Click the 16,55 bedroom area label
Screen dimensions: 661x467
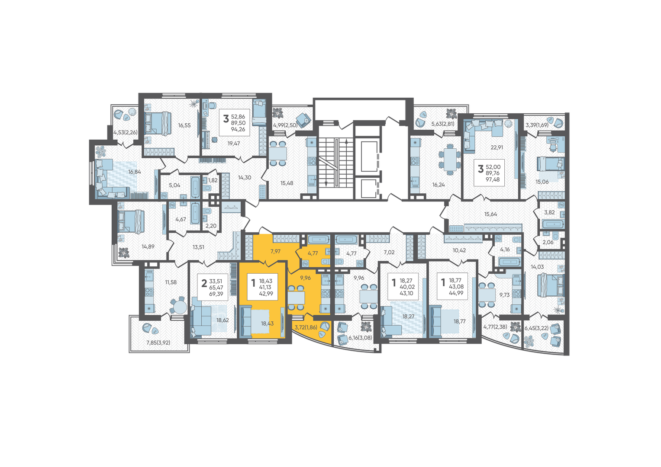[184, 125]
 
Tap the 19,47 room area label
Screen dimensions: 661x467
[233, 144]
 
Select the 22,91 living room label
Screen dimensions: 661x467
[497, 147]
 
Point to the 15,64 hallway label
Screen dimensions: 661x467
[490, 214]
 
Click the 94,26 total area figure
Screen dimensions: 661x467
[238, 129]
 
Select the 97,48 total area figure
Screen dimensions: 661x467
[493, 179]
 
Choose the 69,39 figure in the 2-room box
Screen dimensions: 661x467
[216, 294]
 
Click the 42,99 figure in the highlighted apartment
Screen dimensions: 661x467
[266, 293]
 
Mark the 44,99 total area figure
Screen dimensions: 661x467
[456, 293]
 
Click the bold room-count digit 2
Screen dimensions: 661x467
[204, 284]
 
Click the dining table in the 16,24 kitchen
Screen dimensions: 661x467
[449, 159]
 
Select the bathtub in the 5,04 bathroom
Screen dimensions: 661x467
[195, 187]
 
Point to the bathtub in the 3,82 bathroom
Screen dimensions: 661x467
[553, 224]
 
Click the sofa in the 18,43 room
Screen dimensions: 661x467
[247, 322]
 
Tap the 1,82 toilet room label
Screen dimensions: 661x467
[213, 180]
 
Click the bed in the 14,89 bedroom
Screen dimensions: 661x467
[131, 222]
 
